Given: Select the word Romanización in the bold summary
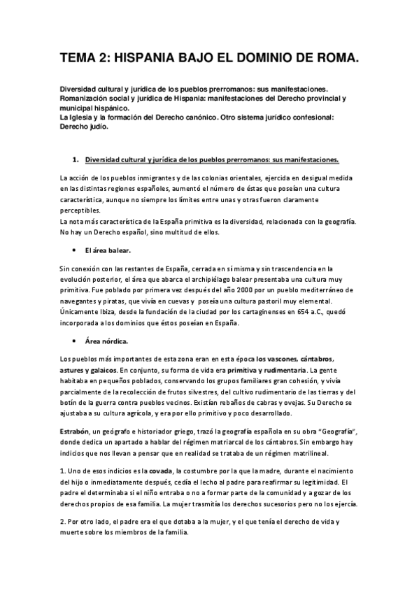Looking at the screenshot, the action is [x=88, y=100].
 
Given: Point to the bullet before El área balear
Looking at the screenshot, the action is [x=73, y=249].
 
